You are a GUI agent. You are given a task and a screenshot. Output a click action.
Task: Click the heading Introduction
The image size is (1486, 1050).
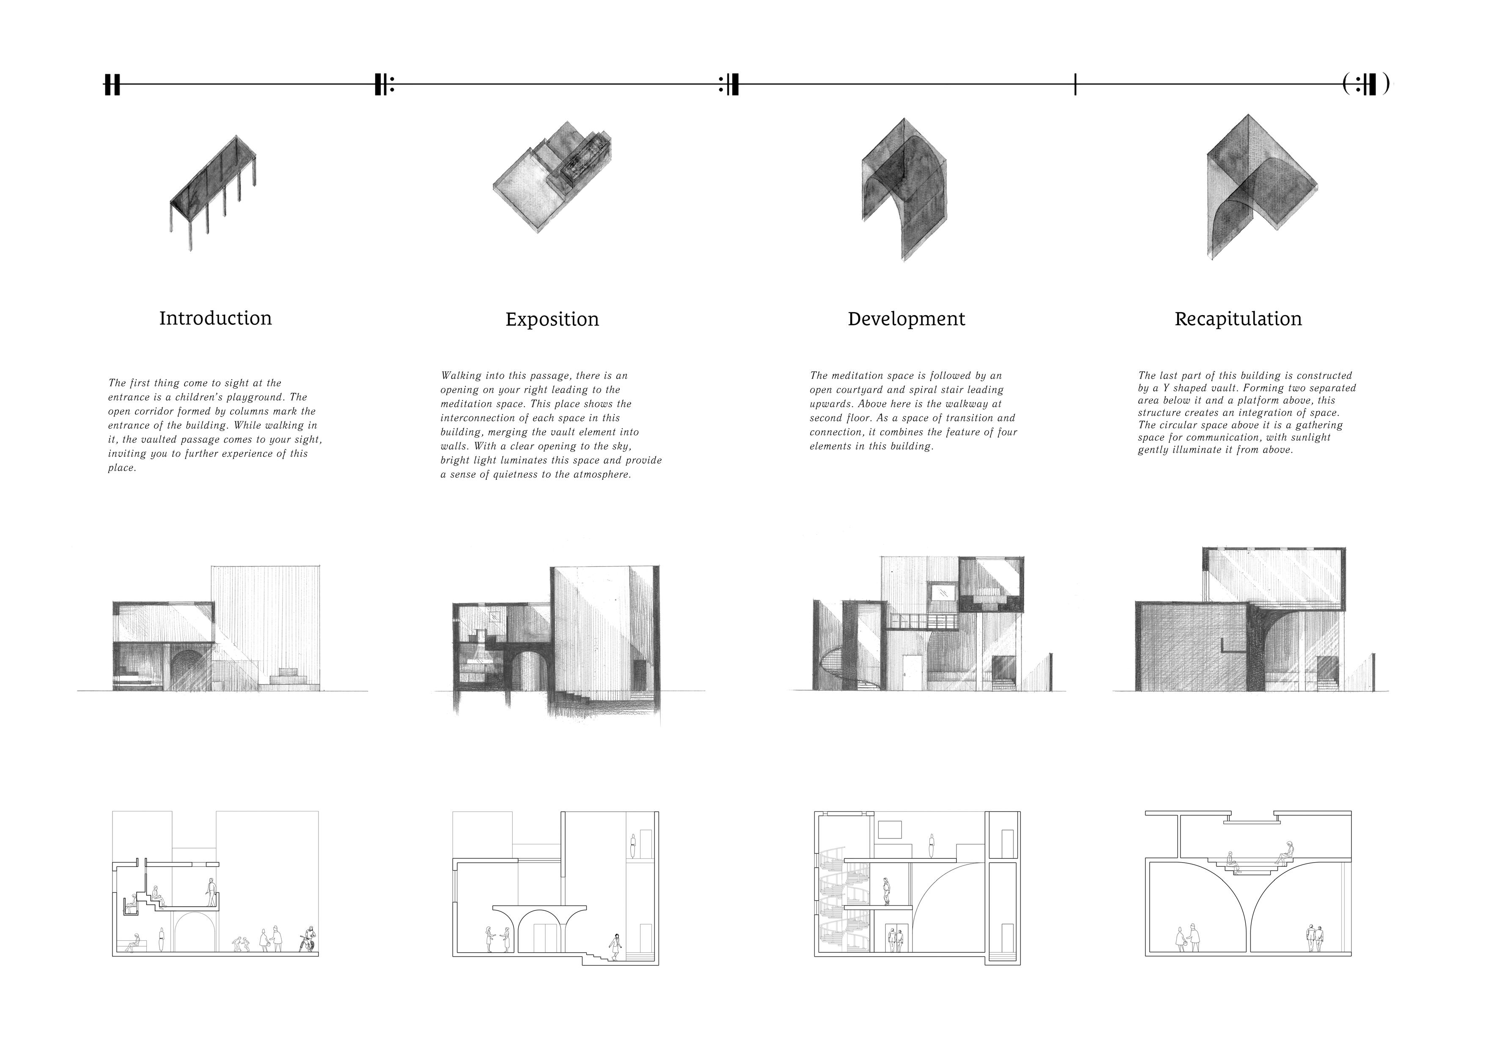tap(216, 319)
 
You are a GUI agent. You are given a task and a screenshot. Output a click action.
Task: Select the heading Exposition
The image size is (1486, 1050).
tap(552, 320)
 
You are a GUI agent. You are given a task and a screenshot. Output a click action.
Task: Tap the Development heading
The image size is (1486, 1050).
tap(906, 319)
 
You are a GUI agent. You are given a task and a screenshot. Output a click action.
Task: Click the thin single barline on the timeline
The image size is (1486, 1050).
tap(1075, 84)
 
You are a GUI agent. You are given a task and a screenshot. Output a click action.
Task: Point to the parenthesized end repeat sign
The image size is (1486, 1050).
tap(1365, 84)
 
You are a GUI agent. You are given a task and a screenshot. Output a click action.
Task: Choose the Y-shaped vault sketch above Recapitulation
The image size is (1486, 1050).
tap(1261, 188)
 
